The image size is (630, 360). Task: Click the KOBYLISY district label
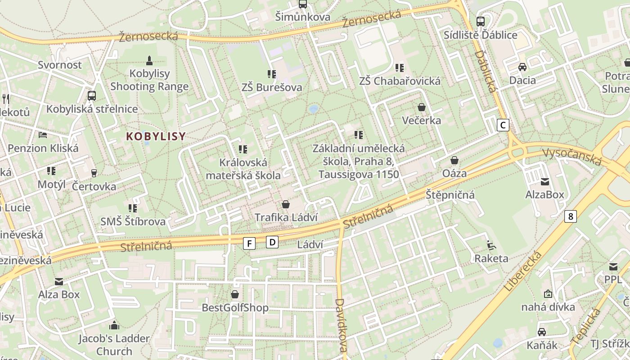pos(156,136)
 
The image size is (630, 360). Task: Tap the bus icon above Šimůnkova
pos(303,4)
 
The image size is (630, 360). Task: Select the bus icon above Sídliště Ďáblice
pos(481,21)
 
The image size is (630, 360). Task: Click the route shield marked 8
pos(571,216)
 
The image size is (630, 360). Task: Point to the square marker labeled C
pos(503,125)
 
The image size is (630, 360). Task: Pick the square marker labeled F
pos(249,243)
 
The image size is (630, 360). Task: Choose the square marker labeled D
pos(272,242)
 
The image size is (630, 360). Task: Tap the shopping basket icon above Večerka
pos(422,107)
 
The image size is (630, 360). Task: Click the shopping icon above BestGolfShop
pos(234,294)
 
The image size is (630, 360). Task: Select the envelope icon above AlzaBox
pos(545,182)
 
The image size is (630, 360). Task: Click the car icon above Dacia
pos(522,67)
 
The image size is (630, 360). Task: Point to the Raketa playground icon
pos(491,245)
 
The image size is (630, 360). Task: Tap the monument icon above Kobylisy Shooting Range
pos(149,60)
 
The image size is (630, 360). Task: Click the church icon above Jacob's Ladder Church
pos(114,325)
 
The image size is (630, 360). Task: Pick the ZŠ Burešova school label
pos(271,87)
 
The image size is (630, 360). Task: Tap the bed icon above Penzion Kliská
pos(43,135)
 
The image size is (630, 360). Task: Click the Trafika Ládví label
pos(286,217)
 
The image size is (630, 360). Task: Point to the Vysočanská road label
pos(571,156)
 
